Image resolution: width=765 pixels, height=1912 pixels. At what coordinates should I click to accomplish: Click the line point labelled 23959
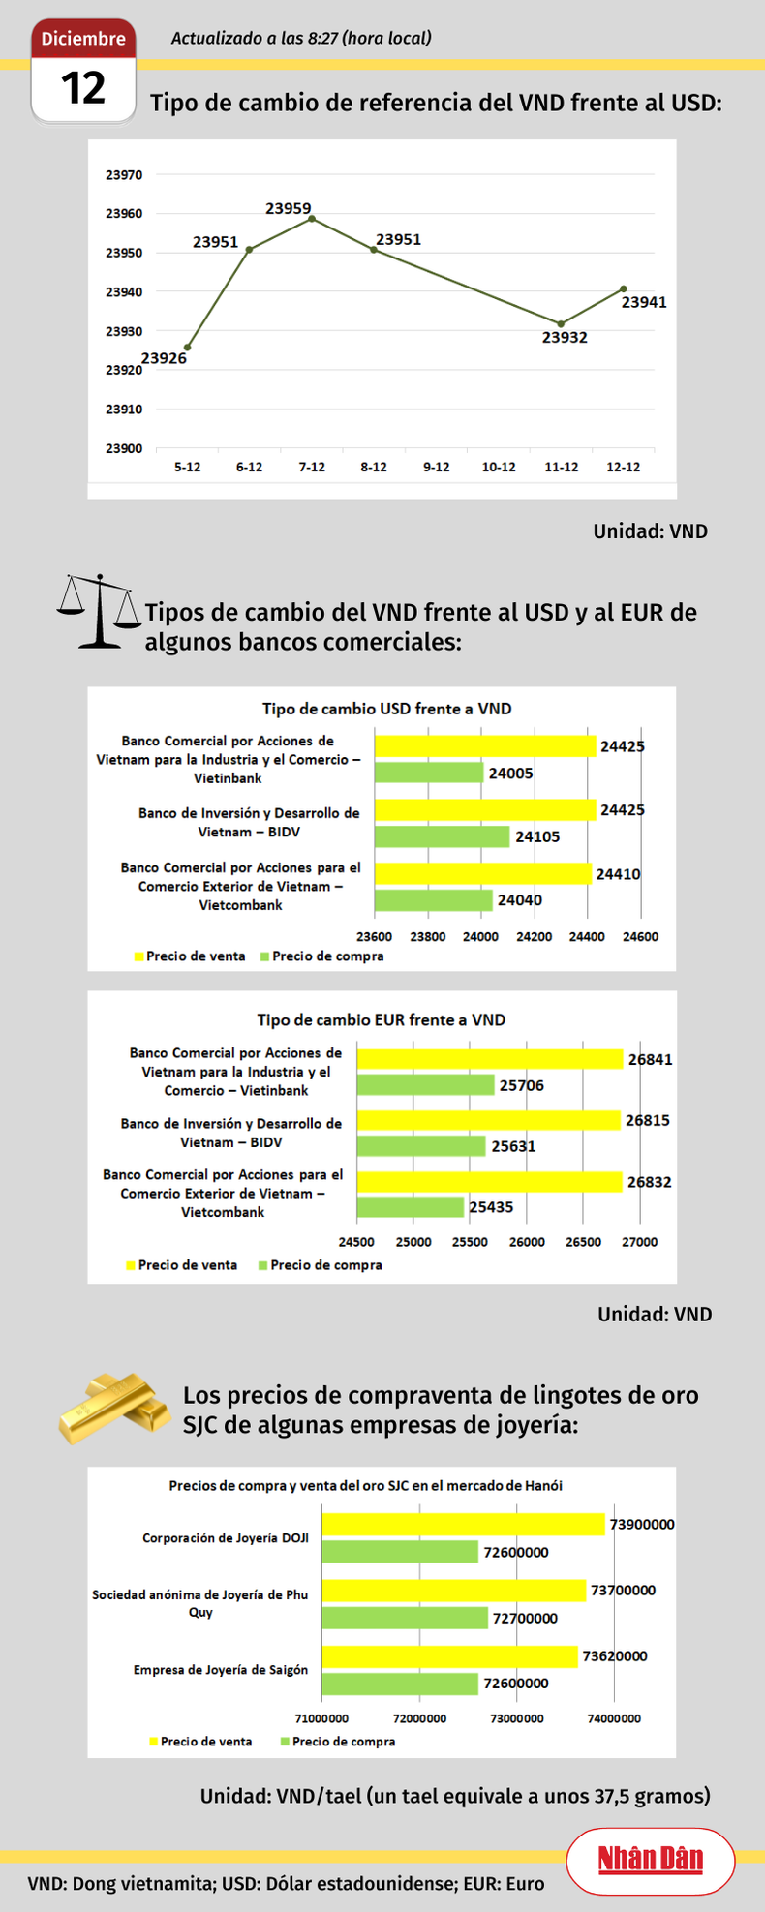point(312,219)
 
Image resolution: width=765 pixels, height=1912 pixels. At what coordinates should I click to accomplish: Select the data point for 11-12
point(561,324)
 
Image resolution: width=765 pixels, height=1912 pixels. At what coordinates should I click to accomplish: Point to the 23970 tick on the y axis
point(124,175)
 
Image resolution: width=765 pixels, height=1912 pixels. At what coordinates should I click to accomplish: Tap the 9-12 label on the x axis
point(437,467)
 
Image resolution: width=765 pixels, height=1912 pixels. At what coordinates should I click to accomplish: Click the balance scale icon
point(99,611)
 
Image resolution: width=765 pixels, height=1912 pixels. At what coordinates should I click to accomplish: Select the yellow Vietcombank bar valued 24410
point(482,873)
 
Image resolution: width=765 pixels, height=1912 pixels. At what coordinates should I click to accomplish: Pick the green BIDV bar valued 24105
point(442,836)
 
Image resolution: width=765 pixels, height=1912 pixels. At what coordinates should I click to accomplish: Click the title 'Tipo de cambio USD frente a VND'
point(386,709)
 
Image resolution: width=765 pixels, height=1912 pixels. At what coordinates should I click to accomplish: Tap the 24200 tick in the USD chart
point(534,936)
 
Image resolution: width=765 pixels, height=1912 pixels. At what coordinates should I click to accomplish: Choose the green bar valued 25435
point(411,1207)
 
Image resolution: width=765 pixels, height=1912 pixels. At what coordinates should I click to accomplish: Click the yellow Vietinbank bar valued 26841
point(489,1059)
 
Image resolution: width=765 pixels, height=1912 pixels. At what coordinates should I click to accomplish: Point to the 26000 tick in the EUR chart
point(527,1242)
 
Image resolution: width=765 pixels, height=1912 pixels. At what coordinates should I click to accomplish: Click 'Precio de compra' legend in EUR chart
point(325,1265)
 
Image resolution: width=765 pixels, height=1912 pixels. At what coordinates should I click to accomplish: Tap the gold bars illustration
point(112,1407)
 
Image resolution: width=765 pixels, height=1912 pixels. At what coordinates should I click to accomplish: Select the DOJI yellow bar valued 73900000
point(463,1525)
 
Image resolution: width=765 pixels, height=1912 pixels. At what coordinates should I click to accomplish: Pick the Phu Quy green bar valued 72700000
point(405,1618)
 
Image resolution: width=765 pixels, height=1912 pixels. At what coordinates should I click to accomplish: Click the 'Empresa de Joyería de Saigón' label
point(221,1670)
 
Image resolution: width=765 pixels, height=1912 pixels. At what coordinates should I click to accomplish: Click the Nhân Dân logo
point(650,1860)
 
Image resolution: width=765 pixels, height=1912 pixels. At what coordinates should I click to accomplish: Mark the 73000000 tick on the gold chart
point(517,1718)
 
